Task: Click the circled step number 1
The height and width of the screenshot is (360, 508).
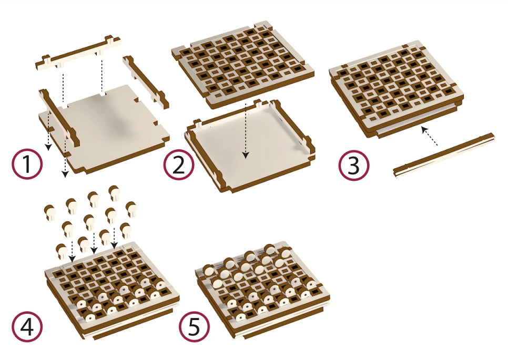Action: [x=27, y=164]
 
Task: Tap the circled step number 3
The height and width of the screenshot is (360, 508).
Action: [x=354, y=165]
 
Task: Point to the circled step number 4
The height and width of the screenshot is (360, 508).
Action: [x=27, y=326]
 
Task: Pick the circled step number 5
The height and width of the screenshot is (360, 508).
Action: [x=195, y=326]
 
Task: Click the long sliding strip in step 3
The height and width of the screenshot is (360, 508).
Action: [x=444, y=155]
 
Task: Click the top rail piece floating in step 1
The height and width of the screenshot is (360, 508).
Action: [x=78, y=53]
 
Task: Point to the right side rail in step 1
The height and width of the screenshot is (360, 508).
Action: [x=146, y=81]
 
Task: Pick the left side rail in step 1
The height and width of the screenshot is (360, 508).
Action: [x=59, y=117]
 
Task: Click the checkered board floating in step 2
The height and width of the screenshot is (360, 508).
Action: [x=243, y=64]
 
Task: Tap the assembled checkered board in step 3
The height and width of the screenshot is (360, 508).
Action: [x=396, y=89]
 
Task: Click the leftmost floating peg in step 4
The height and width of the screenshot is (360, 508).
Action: [x=49, y=212]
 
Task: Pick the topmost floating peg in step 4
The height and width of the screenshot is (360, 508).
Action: [x=114, y=193]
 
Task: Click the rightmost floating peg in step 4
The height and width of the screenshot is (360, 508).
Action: [x=131, y=209]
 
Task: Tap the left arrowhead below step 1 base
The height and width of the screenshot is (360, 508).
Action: [x=48, y=148]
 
